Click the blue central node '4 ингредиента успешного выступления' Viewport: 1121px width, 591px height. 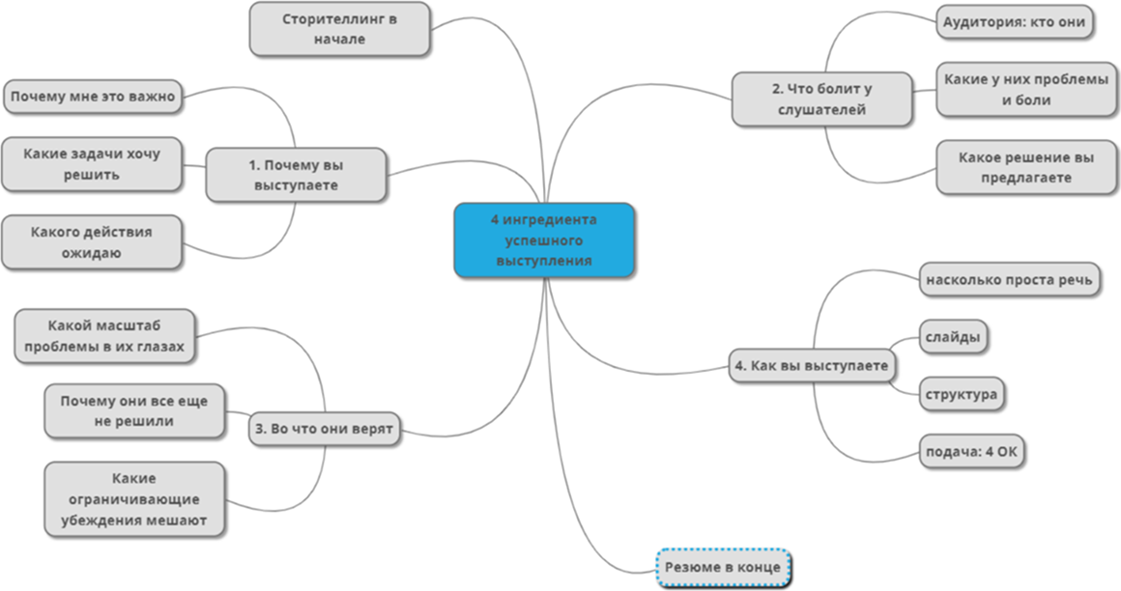[544, 240]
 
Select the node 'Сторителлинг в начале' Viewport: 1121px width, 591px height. [339, 29]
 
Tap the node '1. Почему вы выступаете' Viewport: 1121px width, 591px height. [296, 175]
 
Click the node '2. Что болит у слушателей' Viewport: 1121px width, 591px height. [821, 98]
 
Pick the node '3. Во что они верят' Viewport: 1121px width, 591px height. [326, 429]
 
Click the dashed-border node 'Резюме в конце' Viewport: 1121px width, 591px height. [724, 567]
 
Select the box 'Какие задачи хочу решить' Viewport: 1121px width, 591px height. [92, 164]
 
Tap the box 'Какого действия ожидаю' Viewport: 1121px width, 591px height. [92, 242]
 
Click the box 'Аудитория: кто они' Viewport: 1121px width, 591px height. [1015, 22]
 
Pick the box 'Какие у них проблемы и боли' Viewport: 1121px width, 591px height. [1027, 89]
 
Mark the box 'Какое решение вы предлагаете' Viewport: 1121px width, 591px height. [1027, 168]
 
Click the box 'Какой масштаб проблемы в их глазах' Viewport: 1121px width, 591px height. [104, 336]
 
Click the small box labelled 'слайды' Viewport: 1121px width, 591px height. [953, 338]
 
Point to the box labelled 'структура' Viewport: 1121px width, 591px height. [961, 394]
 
